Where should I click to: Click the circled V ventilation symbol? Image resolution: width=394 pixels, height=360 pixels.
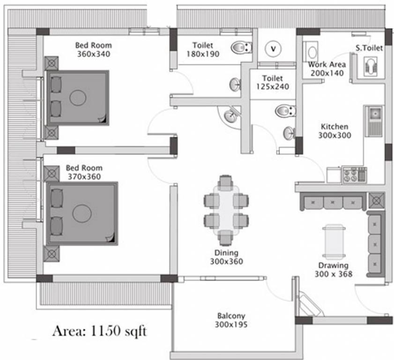click(273, 49)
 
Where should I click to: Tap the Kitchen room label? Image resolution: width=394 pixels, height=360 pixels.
click(335, 127)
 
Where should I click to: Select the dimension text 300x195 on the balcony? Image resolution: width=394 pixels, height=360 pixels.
click(231, 324)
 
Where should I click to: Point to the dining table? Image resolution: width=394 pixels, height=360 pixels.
click(226, 210)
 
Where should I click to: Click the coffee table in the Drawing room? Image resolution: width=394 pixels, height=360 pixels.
click(334, 242)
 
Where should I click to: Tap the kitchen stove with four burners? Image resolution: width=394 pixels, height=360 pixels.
click(355, 174)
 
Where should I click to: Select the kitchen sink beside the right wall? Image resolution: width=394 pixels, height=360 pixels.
click(374, 121)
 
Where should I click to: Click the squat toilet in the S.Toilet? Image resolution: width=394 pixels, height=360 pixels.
click(371, 66)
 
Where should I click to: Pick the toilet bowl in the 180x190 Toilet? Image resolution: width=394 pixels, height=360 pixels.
click(241, 47)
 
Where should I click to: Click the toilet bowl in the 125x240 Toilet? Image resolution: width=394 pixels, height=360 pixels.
click(285, 111)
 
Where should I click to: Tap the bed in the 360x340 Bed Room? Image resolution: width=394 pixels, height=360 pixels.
click(78, 98)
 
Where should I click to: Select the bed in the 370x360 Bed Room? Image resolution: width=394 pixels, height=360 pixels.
click(82, 213)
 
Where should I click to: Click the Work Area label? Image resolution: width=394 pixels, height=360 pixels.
click(327, 64)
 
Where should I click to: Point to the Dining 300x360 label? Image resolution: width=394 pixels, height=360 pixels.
click(226, 257)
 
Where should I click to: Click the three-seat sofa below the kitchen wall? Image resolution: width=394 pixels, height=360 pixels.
click(333, 202)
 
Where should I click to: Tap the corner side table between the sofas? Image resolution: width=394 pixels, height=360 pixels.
click(376, 201)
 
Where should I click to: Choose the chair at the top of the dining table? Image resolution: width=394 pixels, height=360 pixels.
click(226, 183)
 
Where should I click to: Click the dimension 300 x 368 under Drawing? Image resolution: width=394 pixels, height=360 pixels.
click(334, 274)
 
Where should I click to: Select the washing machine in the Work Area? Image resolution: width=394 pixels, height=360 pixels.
click(311, 52)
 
